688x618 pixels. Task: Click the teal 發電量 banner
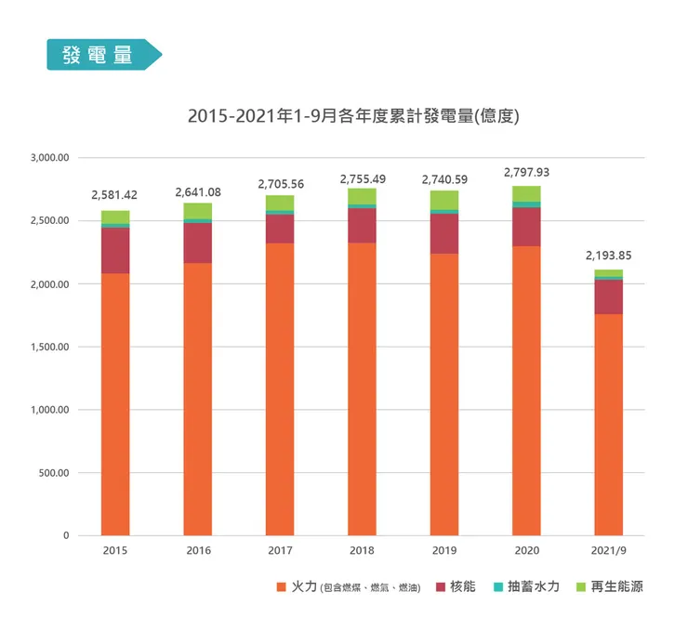(104, 55)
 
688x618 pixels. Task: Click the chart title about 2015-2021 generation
(353, 116)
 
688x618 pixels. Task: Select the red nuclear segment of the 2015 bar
(115, 250)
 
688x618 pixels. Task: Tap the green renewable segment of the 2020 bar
(526, 194)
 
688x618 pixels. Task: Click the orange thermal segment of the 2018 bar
(362, 389)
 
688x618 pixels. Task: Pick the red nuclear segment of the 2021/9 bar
(609, 297)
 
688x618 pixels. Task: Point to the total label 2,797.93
(526, 172)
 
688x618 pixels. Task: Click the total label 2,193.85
(609, 256)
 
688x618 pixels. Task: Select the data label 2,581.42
(114, 195)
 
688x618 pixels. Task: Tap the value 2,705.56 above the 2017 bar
(281, 184)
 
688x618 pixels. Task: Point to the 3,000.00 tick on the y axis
(49, 158)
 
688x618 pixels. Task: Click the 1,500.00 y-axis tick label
(49, 347)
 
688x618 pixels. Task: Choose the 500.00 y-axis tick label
(54, 473)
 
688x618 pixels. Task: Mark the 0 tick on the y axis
(66, 535)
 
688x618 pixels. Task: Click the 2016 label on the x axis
(198, 550)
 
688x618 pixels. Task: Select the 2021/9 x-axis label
(609, 550)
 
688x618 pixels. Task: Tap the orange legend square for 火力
(282, 586)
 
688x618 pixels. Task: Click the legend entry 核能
(456, 586)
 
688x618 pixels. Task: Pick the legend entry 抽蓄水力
(526, 586)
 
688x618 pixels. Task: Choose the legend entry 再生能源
(610, 586)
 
